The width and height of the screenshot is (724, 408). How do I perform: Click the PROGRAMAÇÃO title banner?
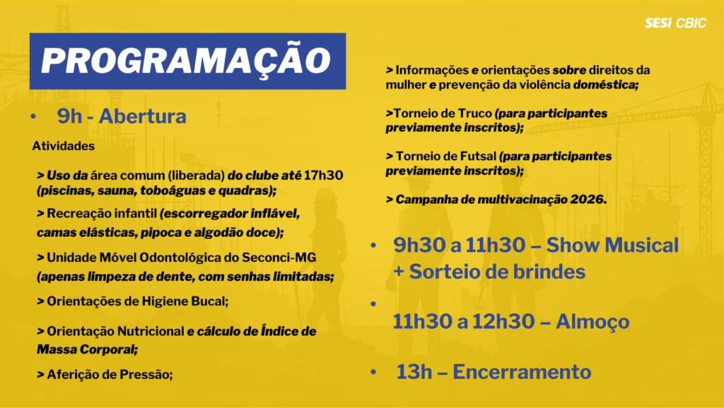187,61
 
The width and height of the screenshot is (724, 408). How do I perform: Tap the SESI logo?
658,23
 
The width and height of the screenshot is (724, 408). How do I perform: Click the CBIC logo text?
691,23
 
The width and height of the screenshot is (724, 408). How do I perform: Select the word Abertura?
142,116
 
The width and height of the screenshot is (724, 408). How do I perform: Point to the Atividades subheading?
63,146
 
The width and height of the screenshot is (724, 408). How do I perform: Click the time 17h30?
323,175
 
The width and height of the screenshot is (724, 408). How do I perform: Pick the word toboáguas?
173,191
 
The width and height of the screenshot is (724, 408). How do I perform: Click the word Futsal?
480,156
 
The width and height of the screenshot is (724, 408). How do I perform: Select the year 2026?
588,199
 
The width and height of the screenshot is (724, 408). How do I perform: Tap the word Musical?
641,245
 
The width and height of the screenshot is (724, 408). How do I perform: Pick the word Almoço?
592,322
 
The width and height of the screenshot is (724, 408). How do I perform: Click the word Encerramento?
522,371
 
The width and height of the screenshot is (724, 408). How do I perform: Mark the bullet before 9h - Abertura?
33,116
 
